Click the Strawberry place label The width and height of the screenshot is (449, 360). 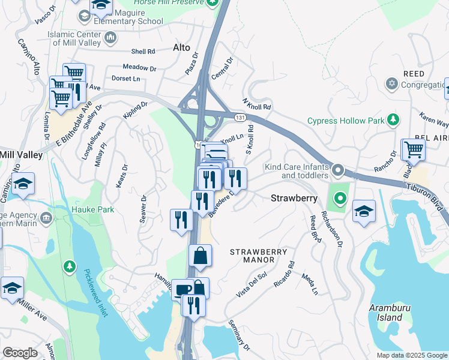pyautogui.click(x=294, y=197)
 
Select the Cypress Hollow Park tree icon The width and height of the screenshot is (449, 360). pyautogui.click(x=393, y=120)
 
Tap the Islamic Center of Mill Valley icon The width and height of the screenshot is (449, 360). pyautogui.click(x=110, y=38)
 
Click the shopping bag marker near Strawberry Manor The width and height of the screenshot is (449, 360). pyautogui.click(x=200, y=255)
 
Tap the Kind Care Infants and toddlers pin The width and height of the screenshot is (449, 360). pyautogui.click(x=337, y=170)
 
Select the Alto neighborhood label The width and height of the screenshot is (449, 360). pyautogui.click(x=181, y=47)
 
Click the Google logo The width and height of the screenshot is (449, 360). pyautogui.click(x=20, y=353)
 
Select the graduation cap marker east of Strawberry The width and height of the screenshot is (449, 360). pyautogui.click(x=363, y=211)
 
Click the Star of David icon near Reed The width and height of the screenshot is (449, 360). pyautogui.click(x=392, y=83)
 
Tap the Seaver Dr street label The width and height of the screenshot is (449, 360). pyautogui.click(x=143, y=209)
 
